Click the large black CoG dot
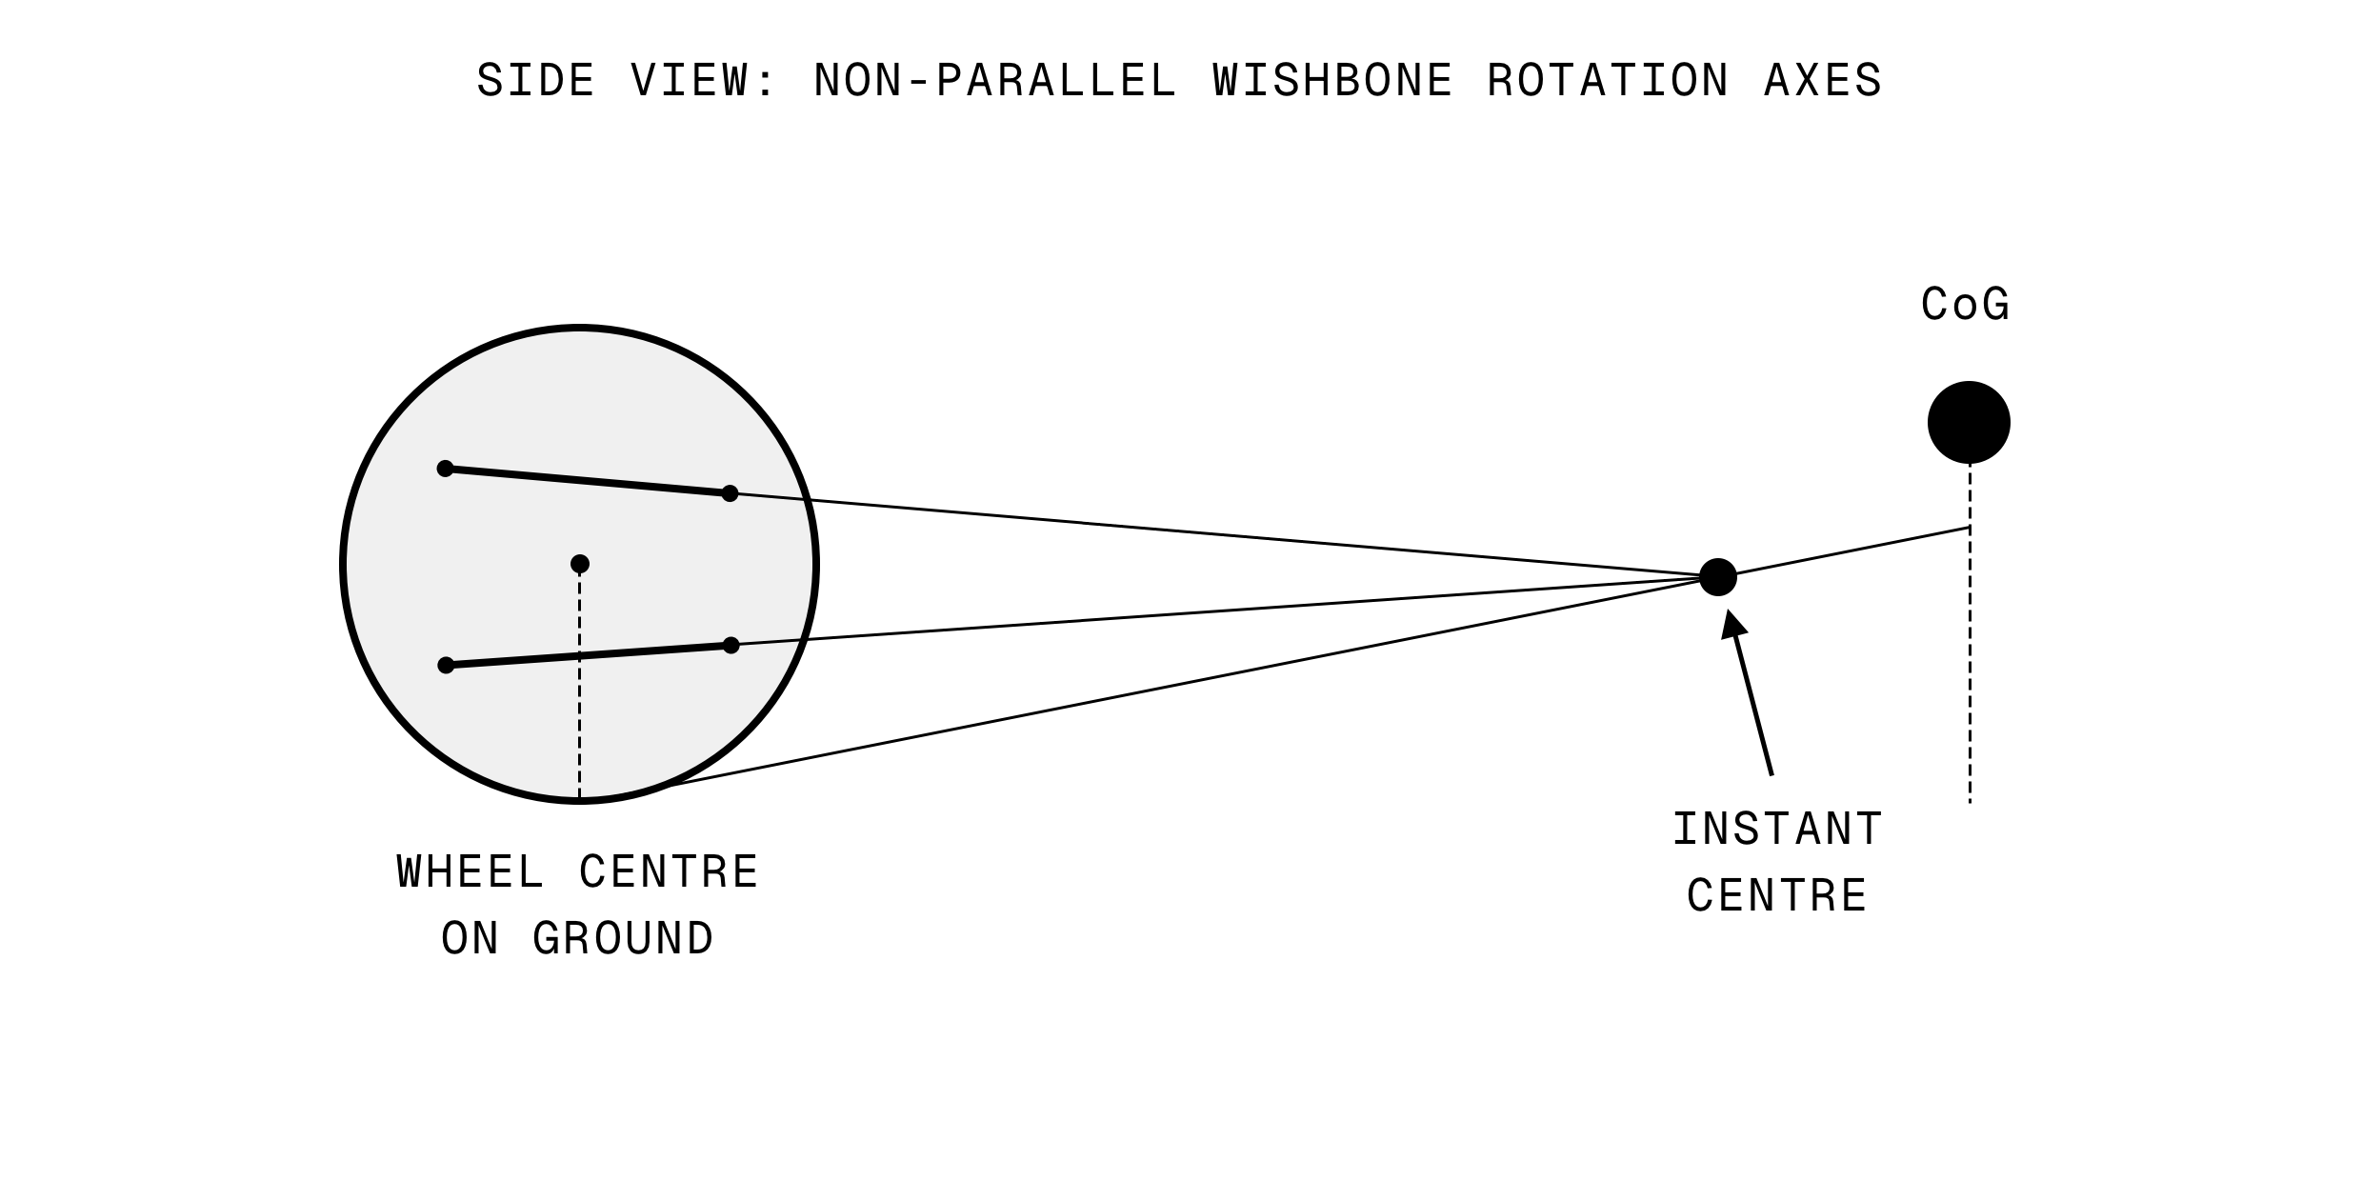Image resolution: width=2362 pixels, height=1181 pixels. pos(1969,423)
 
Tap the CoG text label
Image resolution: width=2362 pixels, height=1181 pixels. pos(1965,306)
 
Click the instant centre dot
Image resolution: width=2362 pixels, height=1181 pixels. pos(1718,577)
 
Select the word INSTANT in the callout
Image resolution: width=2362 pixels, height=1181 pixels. pos(1777,830)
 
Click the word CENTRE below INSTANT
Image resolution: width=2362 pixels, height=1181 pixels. pos(1777,896)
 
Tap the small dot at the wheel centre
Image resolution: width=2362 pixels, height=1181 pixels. pos(580,564)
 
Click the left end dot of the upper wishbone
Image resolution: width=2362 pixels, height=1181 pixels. pos(445,469)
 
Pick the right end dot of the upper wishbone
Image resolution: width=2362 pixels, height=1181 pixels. pos(730,493)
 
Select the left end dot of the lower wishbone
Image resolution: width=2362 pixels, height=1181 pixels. pos(446,665)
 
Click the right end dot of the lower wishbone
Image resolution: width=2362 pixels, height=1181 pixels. pos(731,646)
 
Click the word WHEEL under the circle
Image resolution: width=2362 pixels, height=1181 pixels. pos(470,872)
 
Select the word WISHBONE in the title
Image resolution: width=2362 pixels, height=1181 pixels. pos(1333,81)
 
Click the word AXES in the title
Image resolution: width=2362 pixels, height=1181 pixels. pos(1823,81)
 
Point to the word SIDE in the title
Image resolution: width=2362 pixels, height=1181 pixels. pos(535,81)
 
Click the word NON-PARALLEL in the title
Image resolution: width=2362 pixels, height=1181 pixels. pos(995,81)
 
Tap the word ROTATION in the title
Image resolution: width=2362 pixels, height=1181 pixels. pos(1608,81)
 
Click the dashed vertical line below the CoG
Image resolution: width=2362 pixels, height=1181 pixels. pos(1970,667)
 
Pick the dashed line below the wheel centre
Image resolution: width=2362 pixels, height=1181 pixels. pos(579,686)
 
